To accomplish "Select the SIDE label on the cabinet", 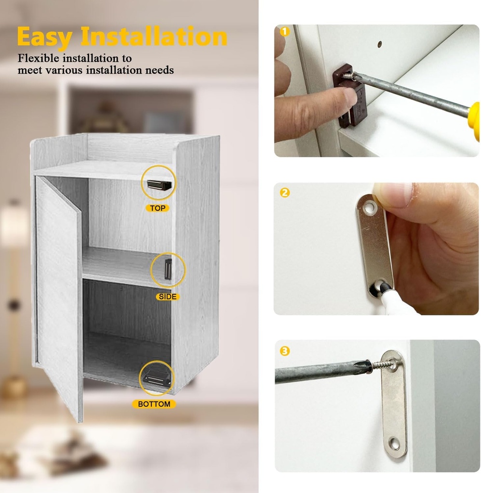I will pos(167,297).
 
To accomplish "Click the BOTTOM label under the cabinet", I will pos(154,404).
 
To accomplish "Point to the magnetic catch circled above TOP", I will pos(159,183).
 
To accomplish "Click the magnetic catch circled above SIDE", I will pos(168,269).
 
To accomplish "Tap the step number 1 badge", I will pos(284,32).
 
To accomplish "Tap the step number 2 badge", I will pos(284,193).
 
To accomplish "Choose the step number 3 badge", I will pos(284,351).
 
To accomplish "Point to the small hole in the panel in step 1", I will pos(379,44).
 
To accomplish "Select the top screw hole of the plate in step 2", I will pos(370,208).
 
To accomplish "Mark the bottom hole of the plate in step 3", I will pos(395,443).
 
